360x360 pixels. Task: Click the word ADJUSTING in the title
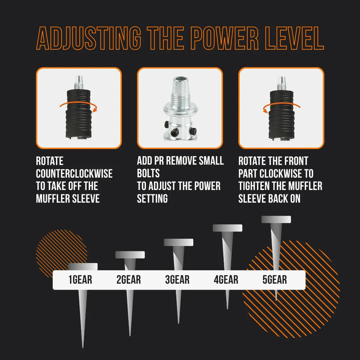(x=88, y=39)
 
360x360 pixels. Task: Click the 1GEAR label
(x=80, y=280)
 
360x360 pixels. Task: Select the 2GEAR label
(x=128, y=280)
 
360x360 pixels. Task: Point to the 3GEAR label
(x=177, y=280)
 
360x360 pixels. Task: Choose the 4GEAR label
(x=226, y=280)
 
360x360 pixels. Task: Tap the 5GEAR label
(x=275, y=280)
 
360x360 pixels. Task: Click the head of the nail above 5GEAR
(x=276, y=219)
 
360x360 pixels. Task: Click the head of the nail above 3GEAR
(x=178, y=242)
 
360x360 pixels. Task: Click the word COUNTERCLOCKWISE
(x=74, y=174)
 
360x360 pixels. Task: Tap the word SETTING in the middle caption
(x=152, y=198)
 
